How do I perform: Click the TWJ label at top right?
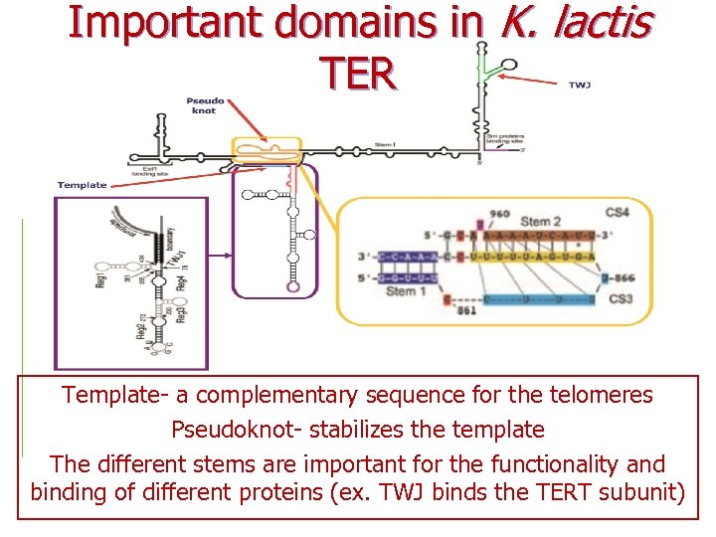coord(579,86)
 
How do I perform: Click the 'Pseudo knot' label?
coord(205,104)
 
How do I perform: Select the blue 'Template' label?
coord(82,185)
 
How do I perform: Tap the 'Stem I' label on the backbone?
coord(384,146)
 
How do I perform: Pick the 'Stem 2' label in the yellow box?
coord(540,221)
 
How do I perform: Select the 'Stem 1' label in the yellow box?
coord(401,291)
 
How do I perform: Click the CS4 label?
coord(618,213)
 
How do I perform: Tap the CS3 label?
coord(619,298)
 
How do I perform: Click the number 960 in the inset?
coord(499,215)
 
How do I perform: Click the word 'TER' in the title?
coord(357,73)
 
